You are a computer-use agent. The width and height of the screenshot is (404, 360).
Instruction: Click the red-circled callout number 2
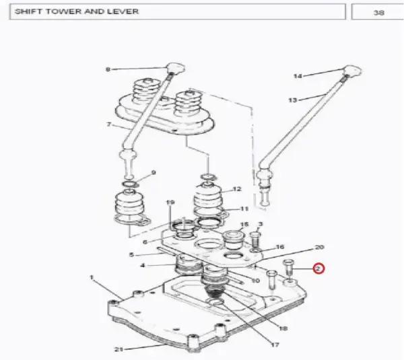click(318, 268)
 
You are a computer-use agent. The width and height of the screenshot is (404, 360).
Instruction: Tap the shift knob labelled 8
click(176, 68)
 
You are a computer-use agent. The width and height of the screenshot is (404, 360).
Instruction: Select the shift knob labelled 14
click(352, 71)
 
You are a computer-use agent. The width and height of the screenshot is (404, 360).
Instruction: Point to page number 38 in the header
click(378, 12)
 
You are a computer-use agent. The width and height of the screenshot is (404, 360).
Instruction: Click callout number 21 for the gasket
click(119, 349)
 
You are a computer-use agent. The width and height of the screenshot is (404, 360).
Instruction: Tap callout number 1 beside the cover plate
click(92, 278)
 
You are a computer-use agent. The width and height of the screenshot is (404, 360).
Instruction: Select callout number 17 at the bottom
click(275, 345)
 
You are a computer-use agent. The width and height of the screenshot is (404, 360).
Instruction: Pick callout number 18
click(283, 328)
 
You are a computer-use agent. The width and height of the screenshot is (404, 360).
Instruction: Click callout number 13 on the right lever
click(293, 100)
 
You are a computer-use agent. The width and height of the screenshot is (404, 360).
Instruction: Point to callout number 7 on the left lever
click(108, 124)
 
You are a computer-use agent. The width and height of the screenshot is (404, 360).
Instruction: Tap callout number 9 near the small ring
click(154, 172)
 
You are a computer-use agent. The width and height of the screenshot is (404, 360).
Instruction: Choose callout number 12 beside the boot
click(237, 189)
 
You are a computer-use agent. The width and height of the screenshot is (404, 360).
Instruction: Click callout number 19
click(170, 203)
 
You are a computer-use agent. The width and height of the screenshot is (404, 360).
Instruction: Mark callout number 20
click(319, 247)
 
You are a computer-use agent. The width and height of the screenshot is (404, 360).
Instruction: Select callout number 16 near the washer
click(280, 247)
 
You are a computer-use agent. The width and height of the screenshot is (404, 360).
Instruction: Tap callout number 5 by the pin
click(131, 254)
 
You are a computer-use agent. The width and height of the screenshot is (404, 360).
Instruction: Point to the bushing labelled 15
click(233, 240)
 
